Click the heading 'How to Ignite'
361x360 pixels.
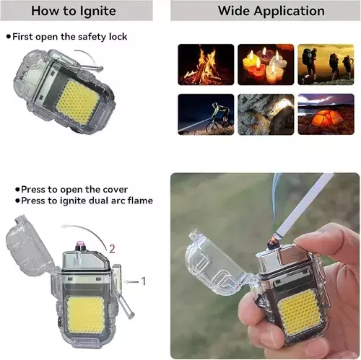[x=74, y=11]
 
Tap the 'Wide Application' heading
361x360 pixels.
[x=271, y=11]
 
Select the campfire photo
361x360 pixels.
[x=206, y=64]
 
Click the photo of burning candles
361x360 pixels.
[x=266, y=64]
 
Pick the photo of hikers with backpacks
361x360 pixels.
[x=326, y=64]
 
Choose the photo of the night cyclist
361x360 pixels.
[x=206, y=114]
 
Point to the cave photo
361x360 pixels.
[x=266, y=114]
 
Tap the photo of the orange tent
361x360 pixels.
[x=326, y=114]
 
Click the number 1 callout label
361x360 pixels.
[x=144, y=281]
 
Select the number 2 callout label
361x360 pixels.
[x=112, y=249]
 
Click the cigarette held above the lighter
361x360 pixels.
[x=305, y=205]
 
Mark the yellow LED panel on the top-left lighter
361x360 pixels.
[x=77, y=103]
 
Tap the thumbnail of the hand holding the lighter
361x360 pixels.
[x=265, y=265]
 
